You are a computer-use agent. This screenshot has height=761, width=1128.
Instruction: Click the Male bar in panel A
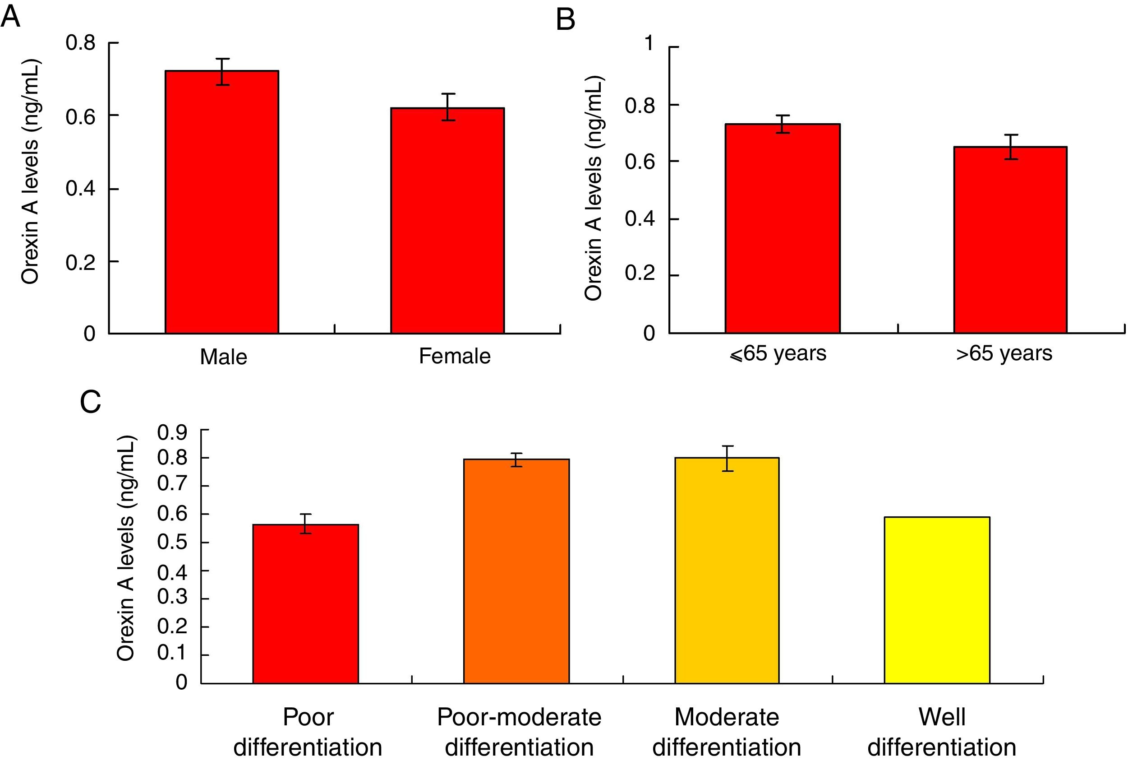(x=221, y=202)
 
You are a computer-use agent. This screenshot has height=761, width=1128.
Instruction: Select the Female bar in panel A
(x=447, y=220)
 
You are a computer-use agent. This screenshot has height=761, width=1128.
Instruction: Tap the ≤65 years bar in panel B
(x=782, y=228)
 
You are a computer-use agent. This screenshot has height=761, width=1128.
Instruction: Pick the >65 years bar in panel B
(x=1010, y=240)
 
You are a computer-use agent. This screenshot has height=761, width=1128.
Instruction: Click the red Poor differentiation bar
(x=305, y=604)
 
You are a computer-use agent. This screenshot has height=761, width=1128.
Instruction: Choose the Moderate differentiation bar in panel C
(x=727, y=570)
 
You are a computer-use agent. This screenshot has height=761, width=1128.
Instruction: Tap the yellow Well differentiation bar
(x=937, y=600)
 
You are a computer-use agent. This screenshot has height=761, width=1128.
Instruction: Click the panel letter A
(x=10, y=17)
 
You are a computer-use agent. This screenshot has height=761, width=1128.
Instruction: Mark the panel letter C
(x=90, y=402)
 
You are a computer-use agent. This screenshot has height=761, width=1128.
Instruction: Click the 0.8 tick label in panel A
(x=80, y=43)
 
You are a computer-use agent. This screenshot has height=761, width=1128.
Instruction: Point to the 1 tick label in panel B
(x=649, y=44)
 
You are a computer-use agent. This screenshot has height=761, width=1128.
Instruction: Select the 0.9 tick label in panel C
(x=172, y=432)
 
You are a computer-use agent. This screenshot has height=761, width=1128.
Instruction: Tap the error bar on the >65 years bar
(x=1011, y=147)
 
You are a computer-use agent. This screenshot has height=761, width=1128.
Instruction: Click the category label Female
(x=454, y=356)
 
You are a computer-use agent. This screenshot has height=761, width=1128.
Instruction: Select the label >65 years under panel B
(x=1004, y=353)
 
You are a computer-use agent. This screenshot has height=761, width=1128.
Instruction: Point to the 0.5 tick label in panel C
(x=172, y=543)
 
